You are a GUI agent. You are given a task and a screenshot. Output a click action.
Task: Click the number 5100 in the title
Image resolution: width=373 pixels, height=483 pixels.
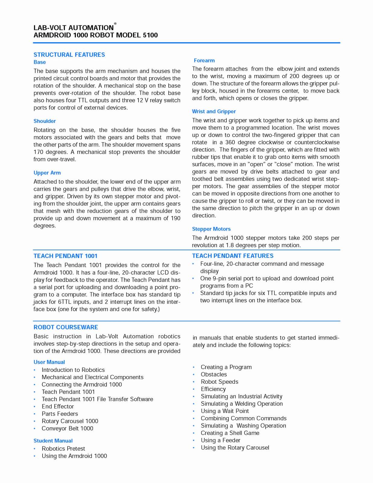(150, 35)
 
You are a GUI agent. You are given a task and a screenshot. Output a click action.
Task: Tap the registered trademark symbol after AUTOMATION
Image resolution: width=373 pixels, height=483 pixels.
(115, 24)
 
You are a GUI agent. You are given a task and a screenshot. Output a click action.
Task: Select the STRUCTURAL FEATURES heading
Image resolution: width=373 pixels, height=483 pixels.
(69, 55)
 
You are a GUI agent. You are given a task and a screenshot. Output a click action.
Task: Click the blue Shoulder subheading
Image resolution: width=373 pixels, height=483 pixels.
(45, 121)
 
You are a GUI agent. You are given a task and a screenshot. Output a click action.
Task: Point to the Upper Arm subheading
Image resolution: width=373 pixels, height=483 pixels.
(47, 173)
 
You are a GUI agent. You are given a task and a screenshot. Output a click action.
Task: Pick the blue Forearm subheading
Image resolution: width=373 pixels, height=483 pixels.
(204, 60)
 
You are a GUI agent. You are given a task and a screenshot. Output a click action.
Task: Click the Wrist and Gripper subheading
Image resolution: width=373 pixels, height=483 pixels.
(214, 111)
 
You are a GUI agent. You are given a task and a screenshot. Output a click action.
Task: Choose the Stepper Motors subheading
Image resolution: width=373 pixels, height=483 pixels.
(211, 229)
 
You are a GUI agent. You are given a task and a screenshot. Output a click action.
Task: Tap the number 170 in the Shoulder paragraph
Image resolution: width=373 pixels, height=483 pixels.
(38, 152)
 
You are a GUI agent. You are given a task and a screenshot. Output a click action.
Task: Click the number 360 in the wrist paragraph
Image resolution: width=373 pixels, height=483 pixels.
(230, 142)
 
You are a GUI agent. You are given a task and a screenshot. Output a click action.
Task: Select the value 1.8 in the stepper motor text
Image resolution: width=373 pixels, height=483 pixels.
(230, 245)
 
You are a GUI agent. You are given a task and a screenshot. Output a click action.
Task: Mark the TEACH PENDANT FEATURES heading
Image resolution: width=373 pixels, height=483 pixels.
(233, 256)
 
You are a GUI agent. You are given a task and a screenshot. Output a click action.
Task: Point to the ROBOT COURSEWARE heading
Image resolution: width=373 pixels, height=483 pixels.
(66, 327)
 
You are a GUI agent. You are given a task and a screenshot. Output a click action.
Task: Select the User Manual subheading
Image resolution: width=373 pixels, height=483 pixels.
(49, 362)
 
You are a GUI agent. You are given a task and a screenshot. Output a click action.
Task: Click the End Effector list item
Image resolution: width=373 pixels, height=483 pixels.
(58, 406)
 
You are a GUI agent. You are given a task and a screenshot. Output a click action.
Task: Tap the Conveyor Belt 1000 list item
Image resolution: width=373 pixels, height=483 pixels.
(67, 428)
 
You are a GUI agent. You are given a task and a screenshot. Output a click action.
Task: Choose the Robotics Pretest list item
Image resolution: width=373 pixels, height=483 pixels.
(63, 449)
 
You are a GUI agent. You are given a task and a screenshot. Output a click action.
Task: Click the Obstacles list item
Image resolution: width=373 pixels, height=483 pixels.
(214, 374)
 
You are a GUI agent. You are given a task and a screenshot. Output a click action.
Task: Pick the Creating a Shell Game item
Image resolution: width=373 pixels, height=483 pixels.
(230, 433)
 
